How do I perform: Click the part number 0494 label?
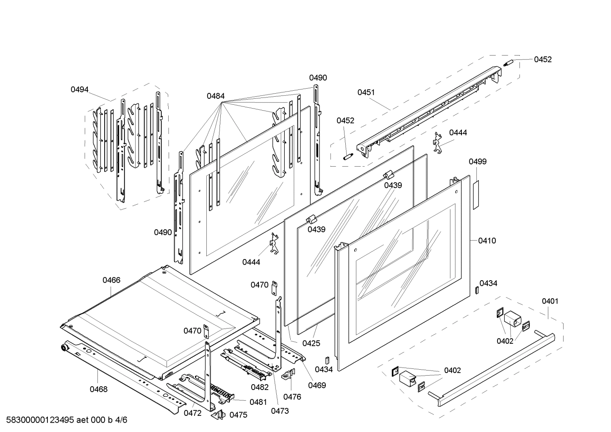coord(79,89)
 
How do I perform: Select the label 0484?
coord(216,96)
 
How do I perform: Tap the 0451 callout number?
coord(366,92)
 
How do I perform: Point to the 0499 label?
coord(478,162)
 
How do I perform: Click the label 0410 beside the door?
coord(487,241)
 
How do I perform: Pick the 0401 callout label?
coord(550,301)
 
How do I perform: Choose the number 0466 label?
coord(111,280)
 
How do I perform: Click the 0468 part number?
coord(98,390)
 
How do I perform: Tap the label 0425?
coord(311,343)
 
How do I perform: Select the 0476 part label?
coord(292,397)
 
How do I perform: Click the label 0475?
coord(238,415)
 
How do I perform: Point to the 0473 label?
coord(280,411)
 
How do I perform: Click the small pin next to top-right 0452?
coord(508,63)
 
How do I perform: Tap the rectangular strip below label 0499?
coord(476,195)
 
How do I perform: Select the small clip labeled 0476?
coord(288,375)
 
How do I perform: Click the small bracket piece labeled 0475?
coord(218,415)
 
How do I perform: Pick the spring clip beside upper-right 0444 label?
coord(438,142)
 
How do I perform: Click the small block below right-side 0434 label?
coord(477,290)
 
